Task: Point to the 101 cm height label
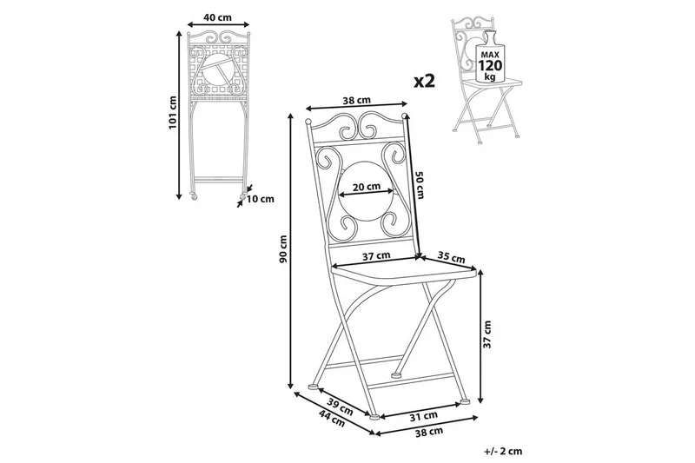[173, 112]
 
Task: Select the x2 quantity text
[422, 81]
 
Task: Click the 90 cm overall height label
[282, 247]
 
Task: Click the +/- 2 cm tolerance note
[503, 452]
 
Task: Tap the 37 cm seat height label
[487, 333]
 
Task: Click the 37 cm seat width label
[377, 255]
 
